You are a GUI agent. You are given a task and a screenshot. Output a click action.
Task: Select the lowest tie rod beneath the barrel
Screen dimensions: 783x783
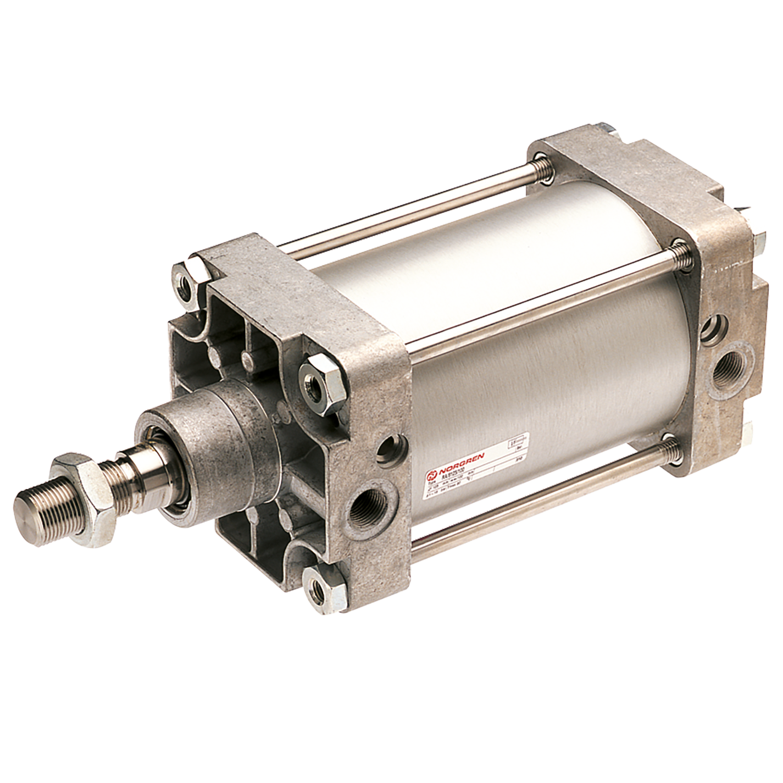point(538,506)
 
